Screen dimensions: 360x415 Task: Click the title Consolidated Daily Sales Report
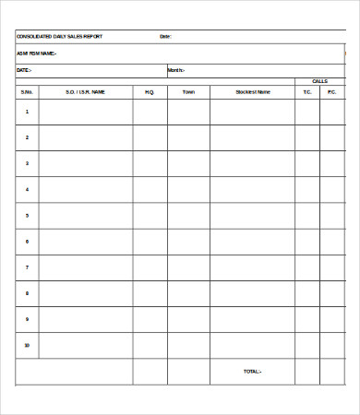coord(59,37)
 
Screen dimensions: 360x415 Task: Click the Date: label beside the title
coord(166,37)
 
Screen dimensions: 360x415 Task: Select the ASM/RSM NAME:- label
coord(37,53)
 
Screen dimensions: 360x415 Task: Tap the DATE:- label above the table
coord(25,70)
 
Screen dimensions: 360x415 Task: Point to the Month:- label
coord(176,70)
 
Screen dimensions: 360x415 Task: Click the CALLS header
coord(319,81)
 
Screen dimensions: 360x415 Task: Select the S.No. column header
coord(27,92)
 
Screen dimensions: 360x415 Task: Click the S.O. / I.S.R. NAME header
coord(86,92)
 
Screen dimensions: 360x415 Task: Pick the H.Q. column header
coord(150,92)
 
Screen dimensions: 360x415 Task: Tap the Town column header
coord(188,92)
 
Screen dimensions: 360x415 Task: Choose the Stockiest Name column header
coord(252,92)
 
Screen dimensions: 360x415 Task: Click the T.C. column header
coord(307,92)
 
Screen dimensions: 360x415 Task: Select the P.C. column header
coord(332,92)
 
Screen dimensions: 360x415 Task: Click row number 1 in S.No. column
coord(27,112)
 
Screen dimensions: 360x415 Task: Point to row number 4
coord(27,189)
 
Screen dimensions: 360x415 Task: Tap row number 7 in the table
coord(27,267)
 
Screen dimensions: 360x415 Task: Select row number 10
coord(27,345)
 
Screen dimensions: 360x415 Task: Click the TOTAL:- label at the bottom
coord(252,372)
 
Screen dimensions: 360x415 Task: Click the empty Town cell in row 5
coord(188,216)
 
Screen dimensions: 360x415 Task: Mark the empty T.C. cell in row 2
coord(307,137)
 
